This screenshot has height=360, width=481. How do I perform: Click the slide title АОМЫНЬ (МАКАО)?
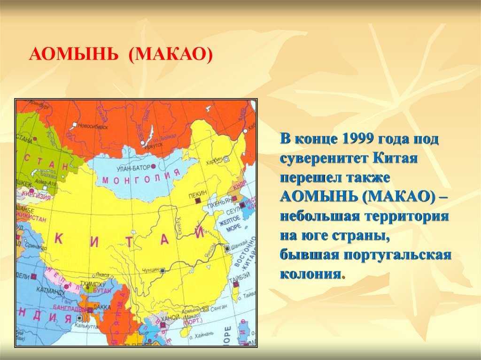coord(121,56)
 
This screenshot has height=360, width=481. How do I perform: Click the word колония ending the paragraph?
coord(310,274)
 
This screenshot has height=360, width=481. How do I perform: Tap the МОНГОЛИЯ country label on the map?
coord(141,178)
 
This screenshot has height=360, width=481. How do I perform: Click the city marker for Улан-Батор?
coord(153,166)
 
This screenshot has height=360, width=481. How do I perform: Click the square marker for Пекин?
coord(197,201)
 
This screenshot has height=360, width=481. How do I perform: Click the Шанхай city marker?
coord(227,248)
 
